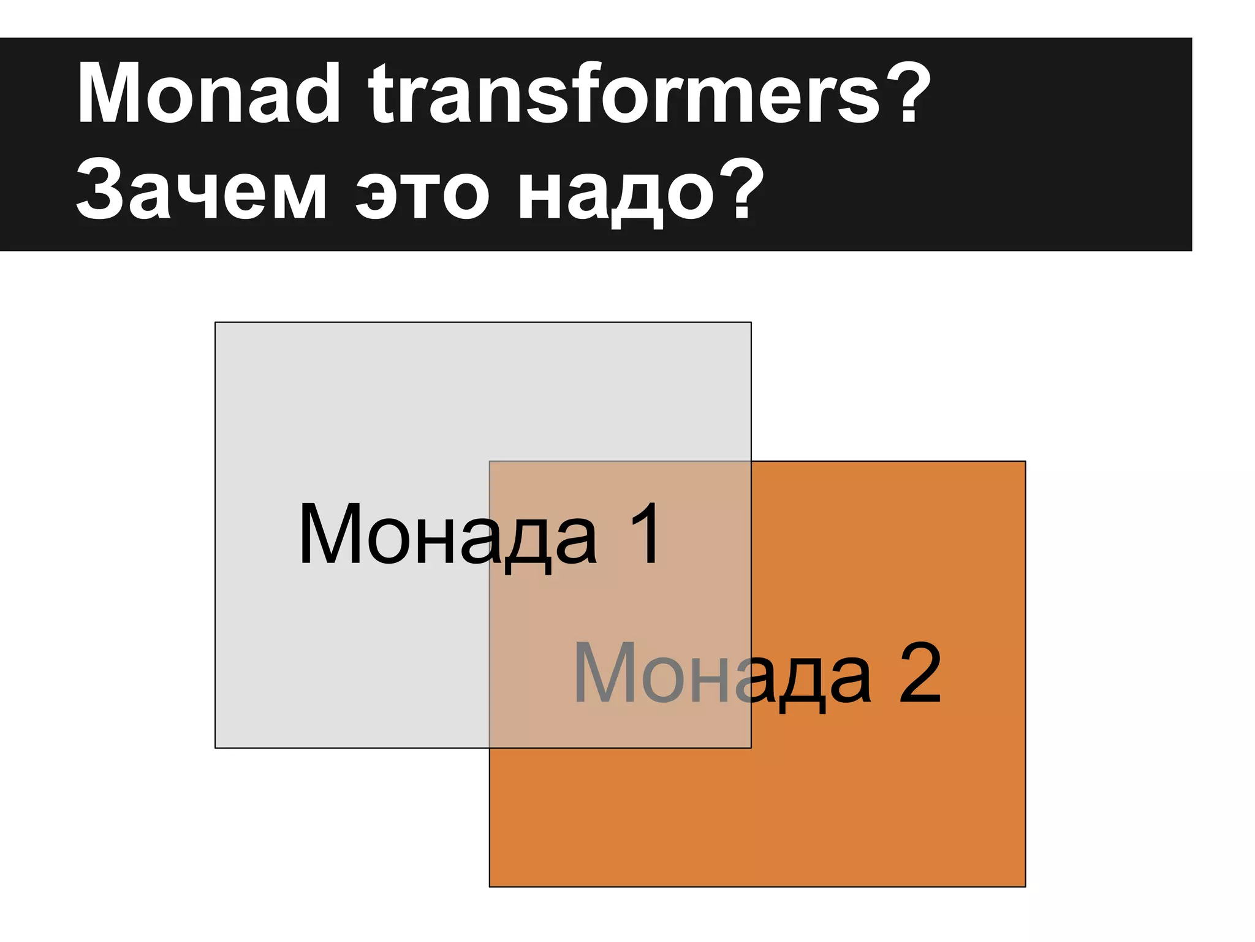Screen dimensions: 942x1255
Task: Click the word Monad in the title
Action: (208, 94)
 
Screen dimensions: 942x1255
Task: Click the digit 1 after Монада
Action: (645, 533)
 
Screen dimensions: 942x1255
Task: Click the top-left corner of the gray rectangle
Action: (215, 323)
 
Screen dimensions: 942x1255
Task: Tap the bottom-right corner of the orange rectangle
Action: (1025, 887)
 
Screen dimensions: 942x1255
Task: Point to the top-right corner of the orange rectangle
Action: (1025, 461)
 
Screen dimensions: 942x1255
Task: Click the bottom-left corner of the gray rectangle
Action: (215, 748)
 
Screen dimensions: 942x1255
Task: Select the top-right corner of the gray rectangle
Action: (751, 323)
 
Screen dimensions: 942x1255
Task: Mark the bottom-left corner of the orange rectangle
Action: (490, 887)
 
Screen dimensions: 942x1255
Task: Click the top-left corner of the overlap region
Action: (490, 461)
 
